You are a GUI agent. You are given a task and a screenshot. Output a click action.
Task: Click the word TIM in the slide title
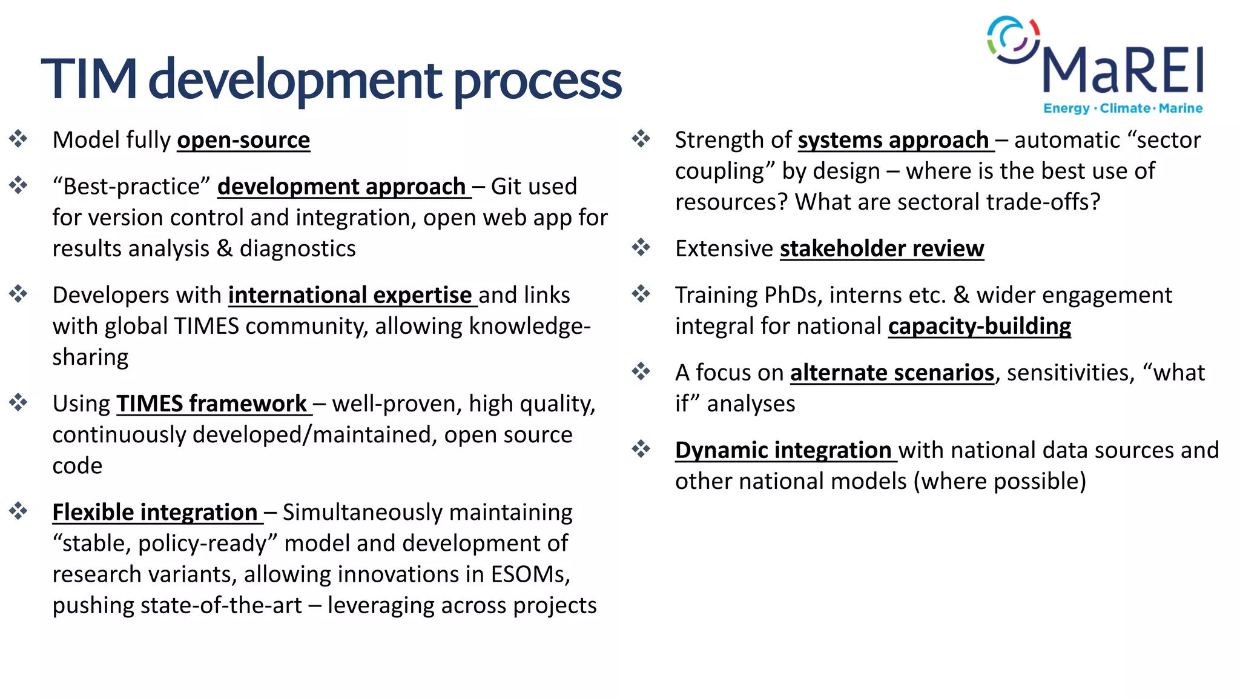coord(89,79)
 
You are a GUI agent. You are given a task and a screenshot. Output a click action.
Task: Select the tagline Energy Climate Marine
coord(1123,108)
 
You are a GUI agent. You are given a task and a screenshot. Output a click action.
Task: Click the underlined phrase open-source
coord(243,141)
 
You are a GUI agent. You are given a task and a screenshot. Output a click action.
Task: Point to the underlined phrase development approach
coord(342,187)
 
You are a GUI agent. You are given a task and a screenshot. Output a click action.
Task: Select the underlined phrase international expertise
coord(351,295)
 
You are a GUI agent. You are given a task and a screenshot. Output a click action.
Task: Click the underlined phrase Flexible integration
coord(155,513)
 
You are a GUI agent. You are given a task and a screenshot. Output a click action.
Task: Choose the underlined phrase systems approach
coord(893,141)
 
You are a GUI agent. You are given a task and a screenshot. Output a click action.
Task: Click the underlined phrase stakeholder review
coord(882,249)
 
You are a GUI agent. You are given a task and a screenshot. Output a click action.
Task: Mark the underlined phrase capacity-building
coord(979,327)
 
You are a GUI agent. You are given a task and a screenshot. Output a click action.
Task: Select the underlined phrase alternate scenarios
coord(892,373)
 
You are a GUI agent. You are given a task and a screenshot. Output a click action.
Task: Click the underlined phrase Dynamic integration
coord(783,450)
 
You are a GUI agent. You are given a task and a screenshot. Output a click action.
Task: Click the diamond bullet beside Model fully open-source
coord(19,139)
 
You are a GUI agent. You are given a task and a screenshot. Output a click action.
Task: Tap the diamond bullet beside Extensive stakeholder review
coord(641,247)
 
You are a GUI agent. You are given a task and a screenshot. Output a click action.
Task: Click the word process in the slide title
coord(537,81)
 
